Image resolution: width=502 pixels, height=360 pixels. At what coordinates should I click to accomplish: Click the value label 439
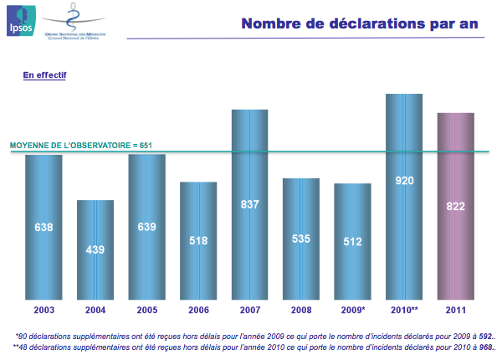coord(95,249)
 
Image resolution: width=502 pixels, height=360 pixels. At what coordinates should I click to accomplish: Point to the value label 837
coord(250,203)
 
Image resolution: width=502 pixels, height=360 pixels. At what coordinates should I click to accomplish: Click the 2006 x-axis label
coord(198,311)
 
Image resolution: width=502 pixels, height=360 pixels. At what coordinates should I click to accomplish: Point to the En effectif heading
coord(45,75)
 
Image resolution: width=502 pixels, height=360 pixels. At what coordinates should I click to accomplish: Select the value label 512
coord(353,242)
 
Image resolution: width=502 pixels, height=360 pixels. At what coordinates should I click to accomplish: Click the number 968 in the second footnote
coord(485,346)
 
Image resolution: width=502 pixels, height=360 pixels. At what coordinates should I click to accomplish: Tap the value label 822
coord(456,206)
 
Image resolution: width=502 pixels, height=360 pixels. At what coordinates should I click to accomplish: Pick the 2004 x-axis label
coord(95,311)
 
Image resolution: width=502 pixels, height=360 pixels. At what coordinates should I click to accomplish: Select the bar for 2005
coord(146,251)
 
